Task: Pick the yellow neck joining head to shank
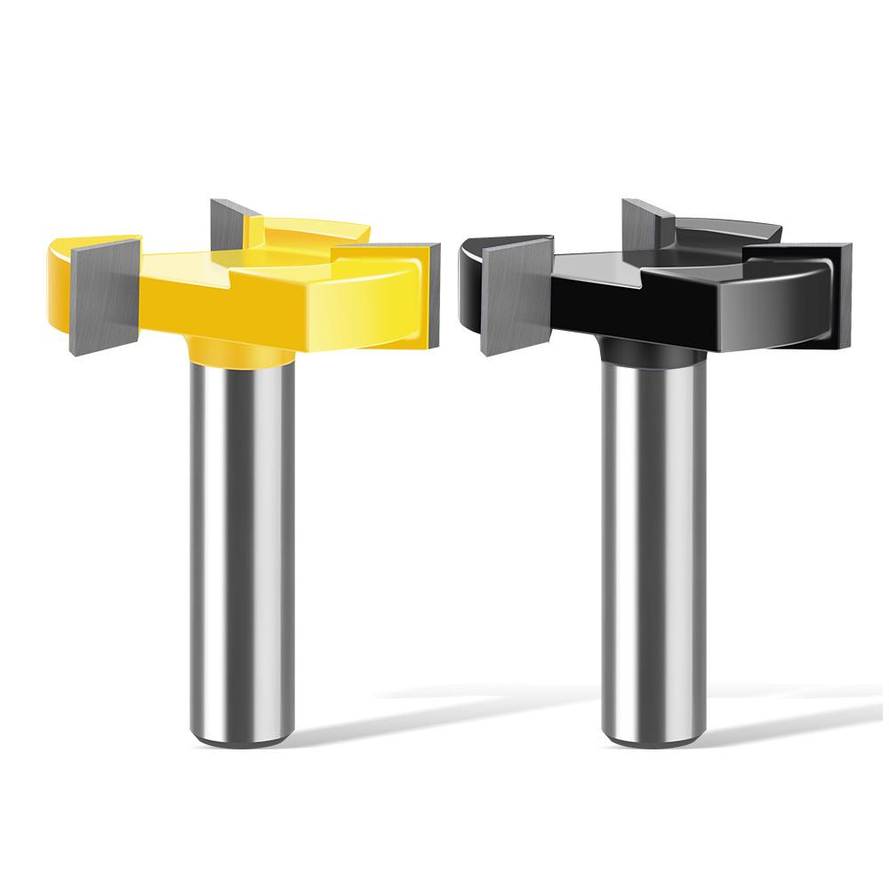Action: point(242,352)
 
